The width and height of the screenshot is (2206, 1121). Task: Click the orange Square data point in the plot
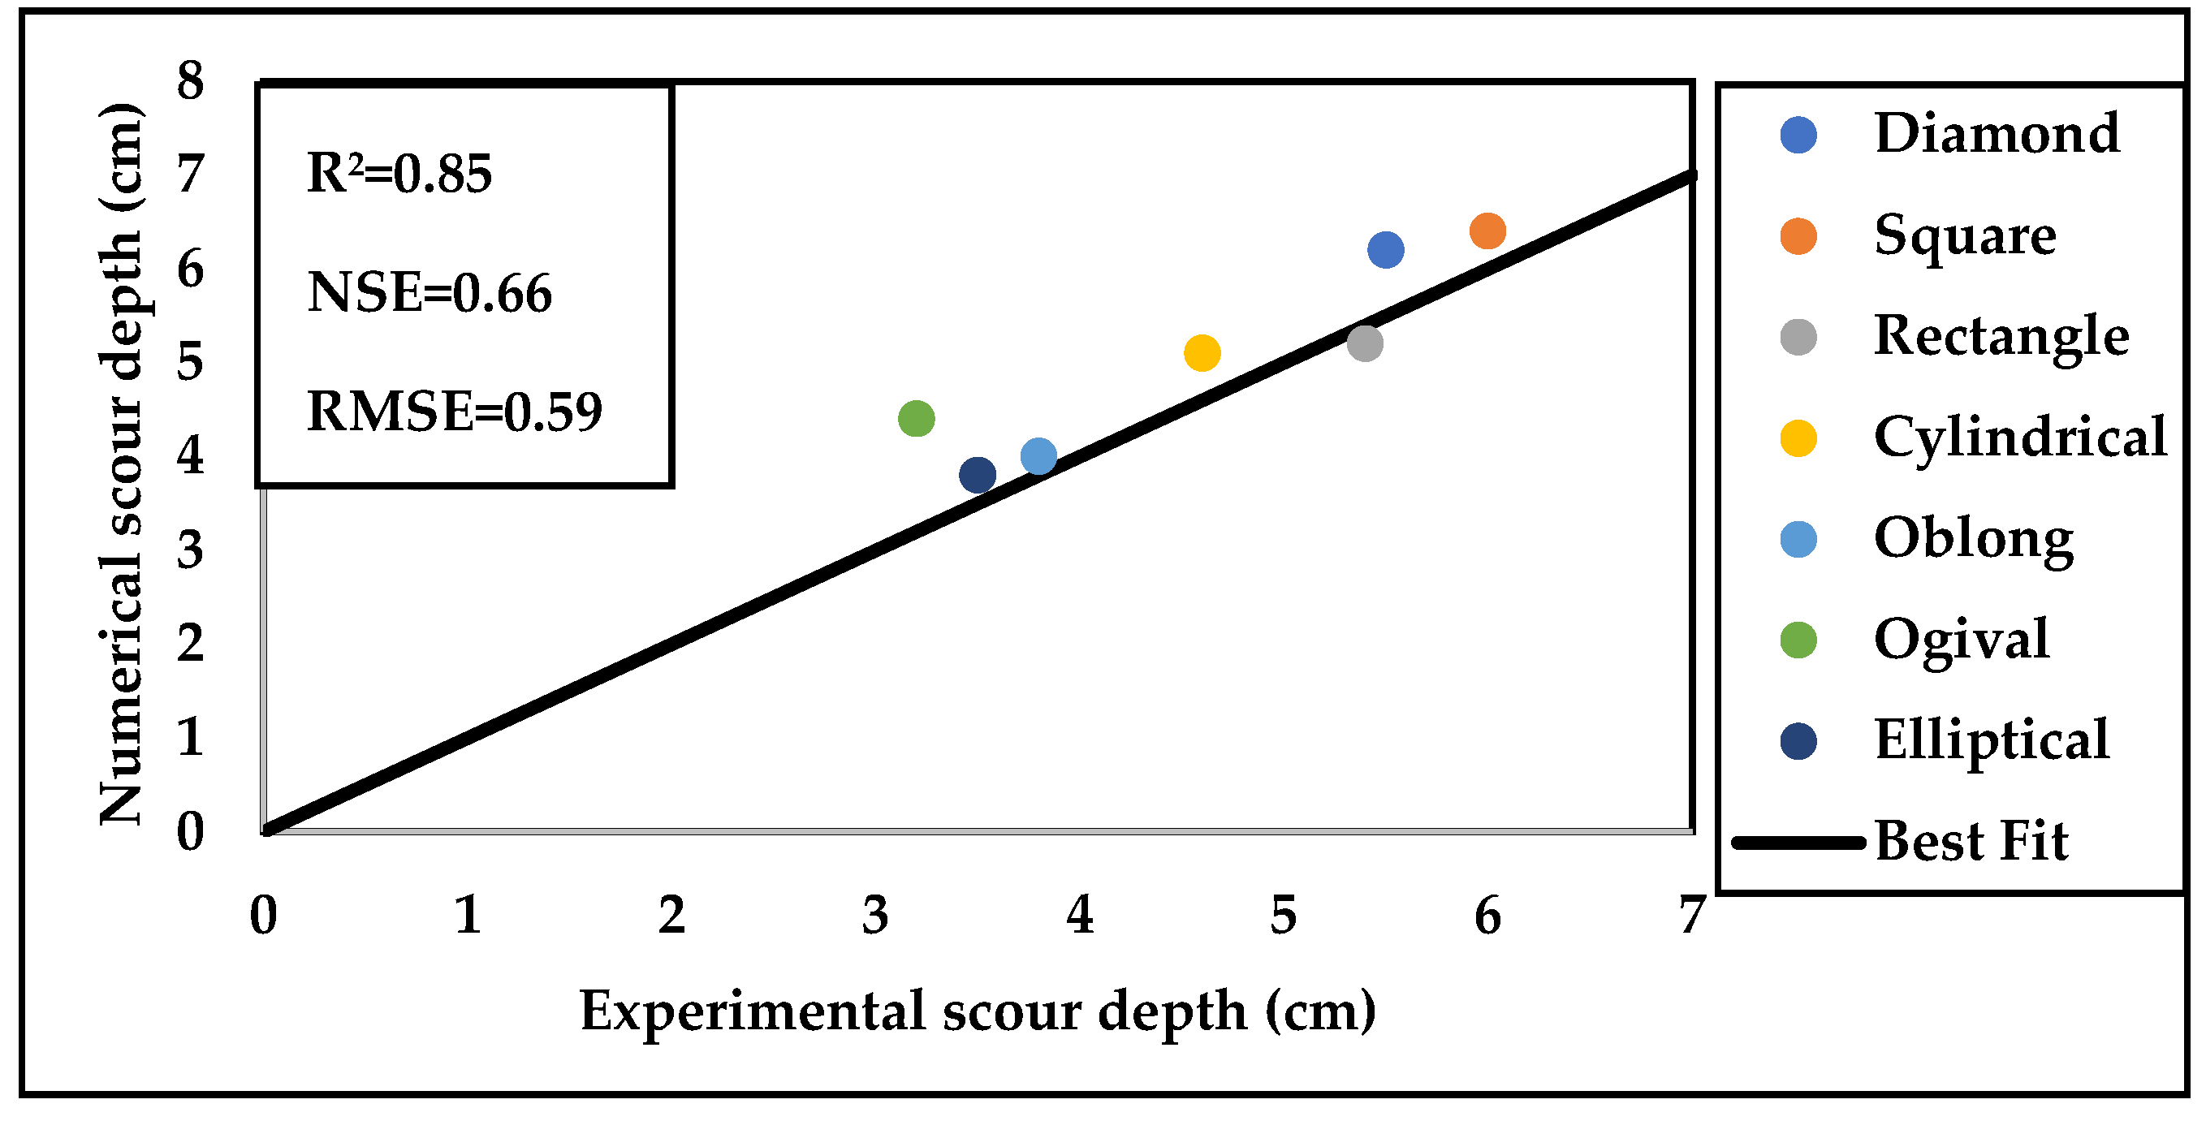tap(1487, 231)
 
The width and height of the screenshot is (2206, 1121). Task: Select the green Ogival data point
tap(917, 419)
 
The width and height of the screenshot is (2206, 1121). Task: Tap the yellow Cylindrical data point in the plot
tap(1202, 353)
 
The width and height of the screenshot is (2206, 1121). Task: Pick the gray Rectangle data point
tap(1365, 343)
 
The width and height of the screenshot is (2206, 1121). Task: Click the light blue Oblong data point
tap(1038, 456)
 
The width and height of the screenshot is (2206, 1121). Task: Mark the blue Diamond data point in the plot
tap(1386, 250)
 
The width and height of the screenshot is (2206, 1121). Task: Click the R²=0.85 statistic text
tap(399, 174)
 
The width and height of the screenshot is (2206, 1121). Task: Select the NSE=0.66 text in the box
tap(429, 293)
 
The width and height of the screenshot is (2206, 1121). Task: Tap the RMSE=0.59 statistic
tap(454, 412)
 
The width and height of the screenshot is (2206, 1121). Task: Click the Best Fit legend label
tap(1971, 841)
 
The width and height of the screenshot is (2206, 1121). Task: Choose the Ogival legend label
tap(1961, 640)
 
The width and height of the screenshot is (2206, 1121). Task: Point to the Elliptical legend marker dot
tap(1798, 742)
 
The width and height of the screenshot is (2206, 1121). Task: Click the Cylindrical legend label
tap(2019, 438)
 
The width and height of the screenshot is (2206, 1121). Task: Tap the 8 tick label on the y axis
tap(190, 81)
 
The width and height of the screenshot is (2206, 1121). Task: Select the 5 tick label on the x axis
tap(1283, 916)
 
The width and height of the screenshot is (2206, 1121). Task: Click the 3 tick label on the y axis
tap(190, 550)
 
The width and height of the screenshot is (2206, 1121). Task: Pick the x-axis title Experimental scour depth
tap(977, 1011)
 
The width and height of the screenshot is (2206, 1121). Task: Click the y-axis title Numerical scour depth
tap(121, 464)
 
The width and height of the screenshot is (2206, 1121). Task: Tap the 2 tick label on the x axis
tap(671, 916)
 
